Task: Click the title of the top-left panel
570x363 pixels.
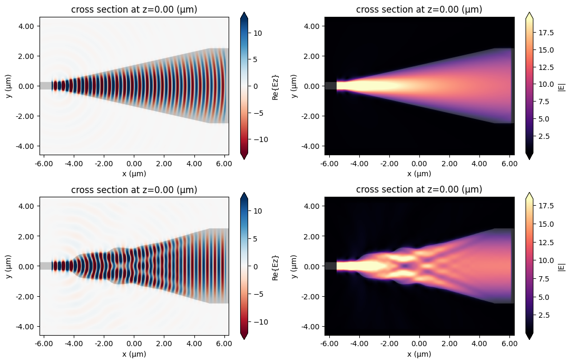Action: [x=134, y=9]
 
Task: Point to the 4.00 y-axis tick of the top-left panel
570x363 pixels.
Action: [x=26, y=26]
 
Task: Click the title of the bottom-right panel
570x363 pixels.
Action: [x=419, y=189]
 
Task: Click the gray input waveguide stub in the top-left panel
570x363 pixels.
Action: [x=45, y=86]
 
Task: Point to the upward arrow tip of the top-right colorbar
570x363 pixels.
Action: [x=530, y=14]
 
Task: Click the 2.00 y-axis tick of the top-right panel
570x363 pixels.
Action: [x=312, y=56]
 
